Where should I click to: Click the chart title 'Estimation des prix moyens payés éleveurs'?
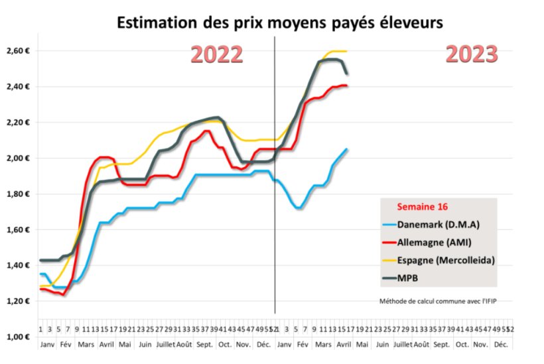(279, 22)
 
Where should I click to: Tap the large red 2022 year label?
(217, 54)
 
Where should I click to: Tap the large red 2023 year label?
(472, 54)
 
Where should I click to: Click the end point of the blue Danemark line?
(347, 149)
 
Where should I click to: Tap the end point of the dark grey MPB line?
(347, 74)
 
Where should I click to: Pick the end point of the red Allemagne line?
(347, 86)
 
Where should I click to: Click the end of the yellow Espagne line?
(347, 51)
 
